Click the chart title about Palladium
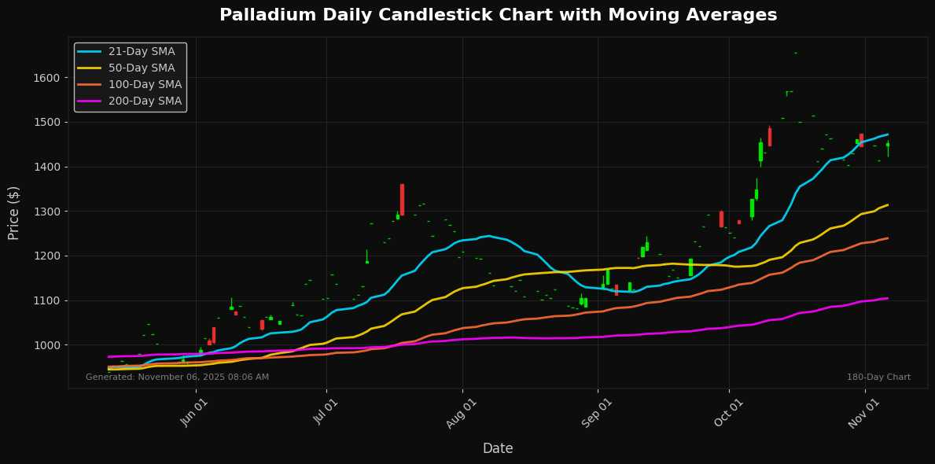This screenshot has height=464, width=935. (498, 15)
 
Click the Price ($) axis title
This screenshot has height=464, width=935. (14, 212)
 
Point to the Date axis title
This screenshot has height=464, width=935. (498, 448)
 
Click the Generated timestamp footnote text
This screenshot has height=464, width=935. (177, 377)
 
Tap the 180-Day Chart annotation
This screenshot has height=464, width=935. (878, 377)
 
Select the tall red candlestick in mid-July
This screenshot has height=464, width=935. (402, 199)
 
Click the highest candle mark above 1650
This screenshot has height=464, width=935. (795, 53)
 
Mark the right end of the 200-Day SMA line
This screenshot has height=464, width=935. (888, 298)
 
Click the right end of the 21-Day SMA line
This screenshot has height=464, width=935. (888, 134)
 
